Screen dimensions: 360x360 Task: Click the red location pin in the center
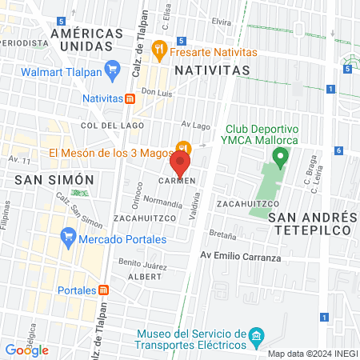pos(180,164)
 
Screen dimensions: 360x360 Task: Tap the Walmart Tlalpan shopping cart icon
pos(113,70)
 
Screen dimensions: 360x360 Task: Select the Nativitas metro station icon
pos(130,99)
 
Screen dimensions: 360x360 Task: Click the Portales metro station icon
pos(103,290)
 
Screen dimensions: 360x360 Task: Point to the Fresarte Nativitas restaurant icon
pos(160,50)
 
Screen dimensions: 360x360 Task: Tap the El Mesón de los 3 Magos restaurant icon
pos(183,148)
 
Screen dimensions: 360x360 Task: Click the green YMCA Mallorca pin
pos(279,156)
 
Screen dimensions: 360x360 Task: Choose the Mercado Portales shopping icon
pos(68,238)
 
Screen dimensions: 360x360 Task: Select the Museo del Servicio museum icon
pos(255,334)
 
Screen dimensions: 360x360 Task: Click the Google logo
pos(27,350)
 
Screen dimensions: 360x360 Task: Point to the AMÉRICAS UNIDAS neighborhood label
pos(86,40)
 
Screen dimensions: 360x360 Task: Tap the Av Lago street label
pos(194,124)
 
